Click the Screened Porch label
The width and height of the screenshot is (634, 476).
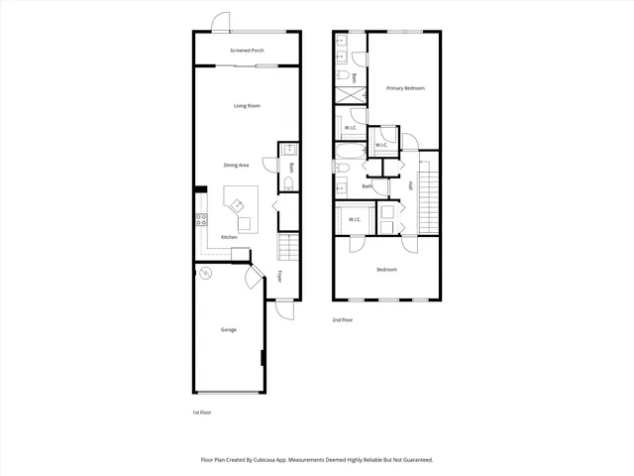tap(247, 50)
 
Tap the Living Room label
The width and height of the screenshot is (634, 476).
tap(247, 106)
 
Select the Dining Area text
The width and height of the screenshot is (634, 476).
tap(236, 165)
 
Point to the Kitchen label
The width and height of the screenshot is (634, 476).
tap(229, 237)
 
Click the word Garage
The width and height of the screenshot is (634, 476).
tap(228, 329)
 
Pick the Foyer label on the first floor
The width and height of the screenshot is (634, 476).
tap(280, 277)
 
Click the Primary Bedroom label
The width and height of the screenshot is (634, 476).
tap(405, 88)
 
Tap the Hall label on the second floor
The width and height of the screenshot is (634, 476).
tap(410, 185)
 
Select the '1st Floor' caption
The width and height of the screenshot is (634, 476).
tap(201, 412)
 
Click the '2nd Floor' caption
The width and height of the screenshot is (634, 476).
tap(343, 319)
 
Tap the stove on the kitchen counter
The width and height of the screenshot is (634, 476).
tap(200, 220)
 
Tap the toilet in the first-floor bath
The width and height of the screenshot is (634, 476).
tap(287, 185)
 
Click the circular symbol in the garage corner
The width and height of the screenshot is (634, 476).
tap(206, 273)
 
